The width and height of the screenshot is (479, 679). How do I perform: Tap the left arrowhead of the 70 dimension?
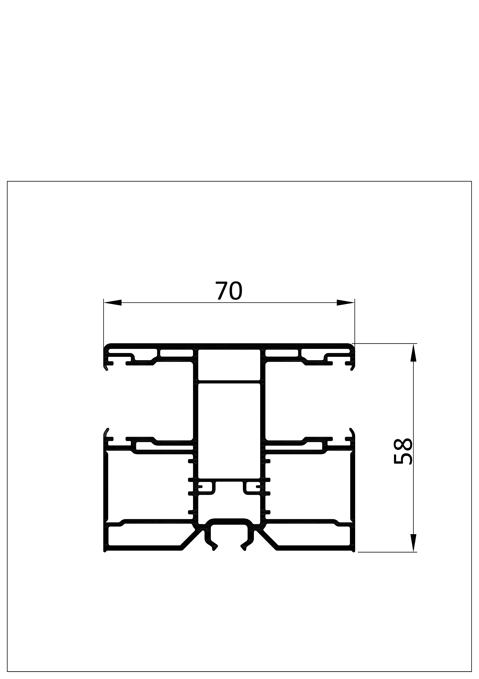113,302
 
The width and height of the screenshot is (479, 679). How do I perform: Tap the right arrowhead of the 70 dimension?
345,302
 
